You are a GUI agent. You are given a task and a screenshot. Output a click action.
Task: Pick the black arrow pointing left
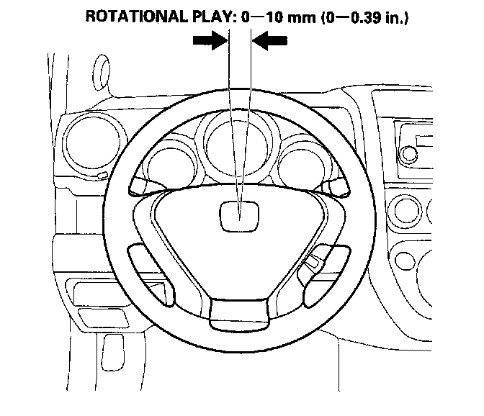pyautogui.click(x=271, y=43)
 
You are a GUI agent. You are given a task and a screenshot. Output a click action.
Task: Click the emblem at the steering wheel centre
pyautogui.click(x=240, y=214)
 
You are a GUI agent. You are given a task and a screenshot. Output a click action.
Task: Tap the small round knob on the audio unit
pyautogui.click(x=410, y=153)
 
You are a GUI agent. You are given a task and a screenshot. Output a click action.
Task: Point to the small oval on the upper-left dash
pyautogui.click(x=102, y=71)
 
